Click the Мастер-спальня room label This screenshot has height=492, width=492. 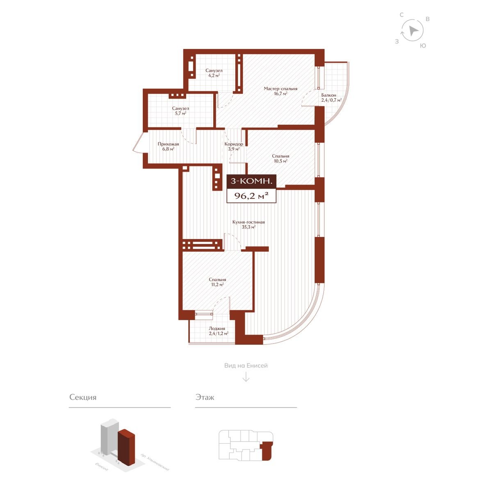coord(280,91)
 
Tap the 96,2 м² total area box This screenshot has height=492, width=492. coord(251,196)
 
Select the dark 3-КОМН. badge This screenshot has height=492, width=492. coord(251,182)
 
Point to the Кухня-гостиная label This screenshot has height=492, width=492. coord(248,224)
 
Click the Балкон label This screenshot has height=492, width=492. coord(331,98)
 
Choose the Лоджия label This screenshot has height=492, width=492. coord(218,331)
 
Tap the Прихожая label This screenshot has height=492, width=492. coord(168,146)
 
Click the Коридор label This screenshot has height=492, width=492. coord(234,146)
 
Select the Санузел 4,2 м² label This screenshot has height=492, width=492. coord(214,73)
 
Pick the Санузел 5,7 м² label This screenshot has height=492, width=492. coord(180,111)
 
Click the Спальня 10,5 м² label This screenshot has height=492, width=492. coord(280,159)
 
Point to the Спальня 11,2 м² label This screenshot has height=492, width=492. coord(217,282)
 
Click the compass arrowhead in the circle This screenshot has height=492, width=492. coord(413,31)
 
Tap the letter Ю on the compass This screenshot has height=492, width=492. coord(423,46)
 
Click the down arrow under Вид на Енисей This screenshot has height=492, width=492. coord(246,377)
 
